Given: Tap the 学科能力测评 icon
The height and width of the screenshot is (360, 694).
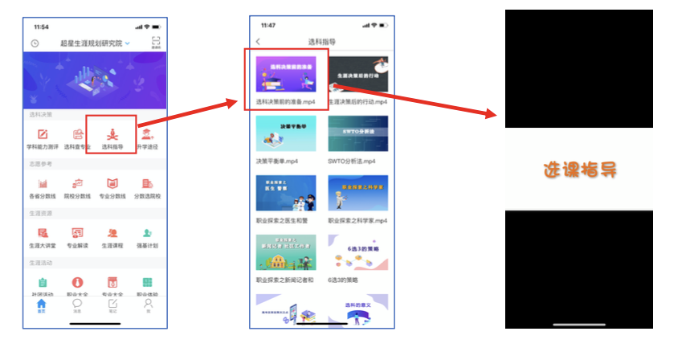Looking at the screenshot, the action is [x=43, y=134].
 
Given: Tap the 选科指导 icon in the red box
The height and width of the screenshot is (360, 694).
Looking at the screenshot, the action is [x=112, y=134].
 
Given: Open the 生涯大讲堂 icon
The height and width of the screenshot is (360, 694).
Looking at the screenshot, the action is [x=43, y=233].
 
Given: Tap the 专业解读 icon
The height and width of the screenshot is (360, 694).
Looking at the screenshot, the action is [x=78, y=233].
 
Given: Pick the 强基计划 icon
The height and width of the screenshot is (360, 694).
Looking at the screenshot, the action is [x=148, y=233].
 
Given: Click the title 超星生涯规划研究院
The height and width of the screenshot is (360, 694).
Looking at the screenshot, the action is [x=92, y=43].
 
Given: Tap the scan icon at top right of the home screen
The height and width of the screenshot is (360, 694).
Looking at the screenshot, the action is [x=155, y=42].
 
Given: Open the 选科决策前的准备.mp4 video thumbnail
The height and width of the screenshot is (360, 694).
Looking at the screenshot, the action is [x=285, y=75].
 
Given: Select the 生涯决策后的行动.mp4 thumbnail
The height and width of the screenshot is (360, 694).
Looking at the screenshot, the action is [x=358, y=75].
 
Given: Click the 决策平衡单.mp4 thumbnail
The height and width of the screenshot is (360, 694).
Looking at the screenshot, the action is [x=285, y=133].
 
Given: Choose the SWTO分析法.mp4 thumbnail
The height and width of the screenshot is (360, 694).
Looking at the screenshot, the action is [x=358, y=133].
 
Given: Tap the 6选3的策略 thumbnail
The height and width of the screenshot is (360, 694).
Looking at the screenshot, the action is [x=358, y=252].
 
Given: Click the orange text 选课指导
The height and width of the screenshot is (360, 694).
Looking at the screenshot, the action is [x=578, y=170].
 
